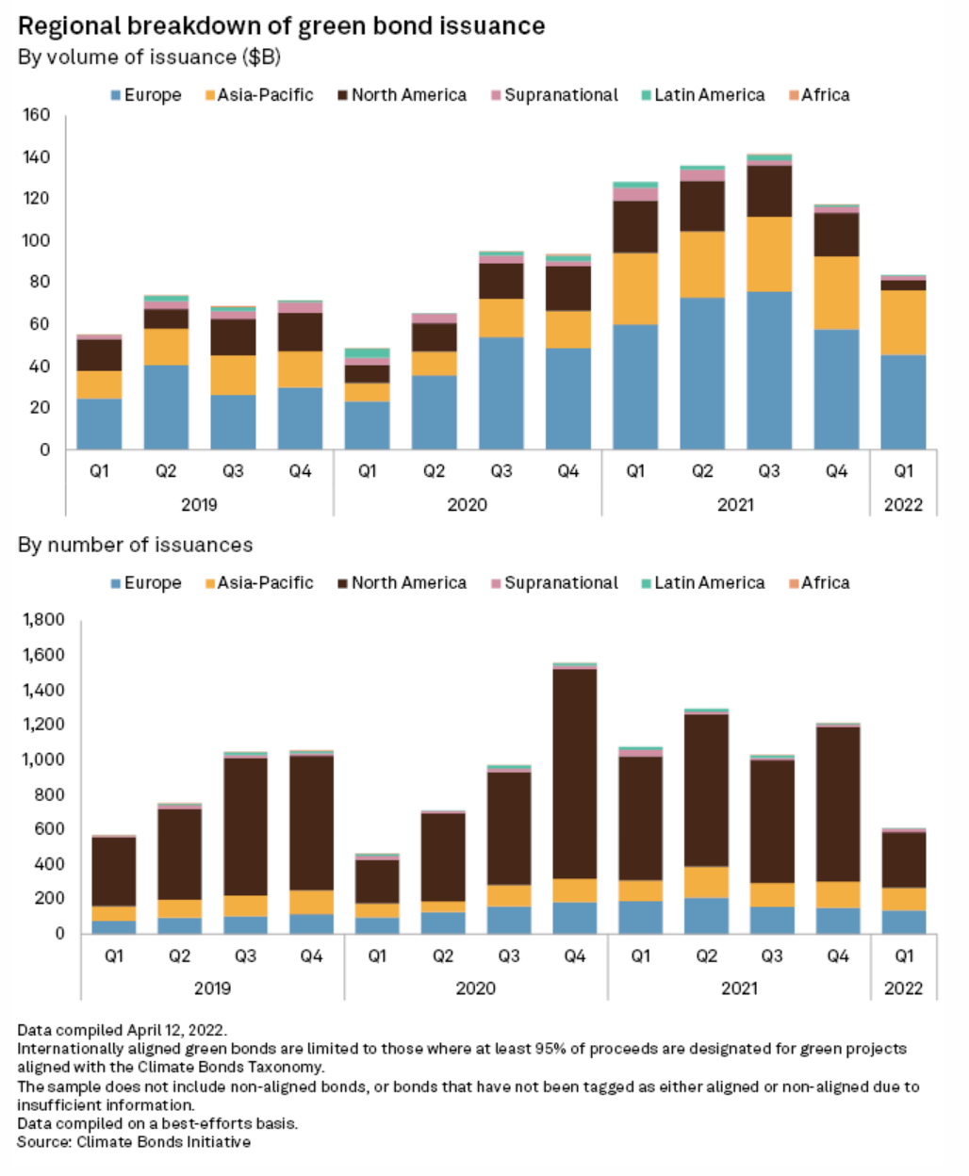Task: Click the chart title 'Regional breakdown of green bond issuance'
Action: click(x=281, y=25)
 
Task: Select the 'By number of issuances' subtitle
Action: click(x=135, y=545)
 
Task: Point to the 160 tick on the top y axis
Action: click(x=38, y=115)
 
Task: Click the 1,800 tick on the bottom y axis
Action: click(x=44, y=620)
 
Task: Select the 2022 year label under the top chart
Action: click(x=903, y=504)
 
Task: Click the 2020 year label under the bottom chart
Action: click(x=475, y=988)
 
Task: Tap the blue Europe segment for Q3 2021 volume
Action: click(x=769, y=370)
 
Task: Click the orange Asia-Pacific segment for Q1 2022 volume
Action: click(x=903, y=322)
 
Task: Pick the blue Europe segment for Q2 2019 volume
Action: click(x=166, y=407)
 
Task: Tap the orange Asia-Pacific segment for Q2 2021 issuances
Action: click(x=706, y=882)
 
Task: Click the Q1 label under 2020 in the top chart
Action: click(x=367, y=471)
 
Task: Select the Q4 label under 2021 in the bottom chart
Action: click(x=838, y=956)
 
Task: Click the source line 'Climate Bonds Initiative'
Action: click(x=134, y=1142)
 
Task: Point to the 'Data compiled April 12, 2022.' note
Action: click(x=122, y=1030)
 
